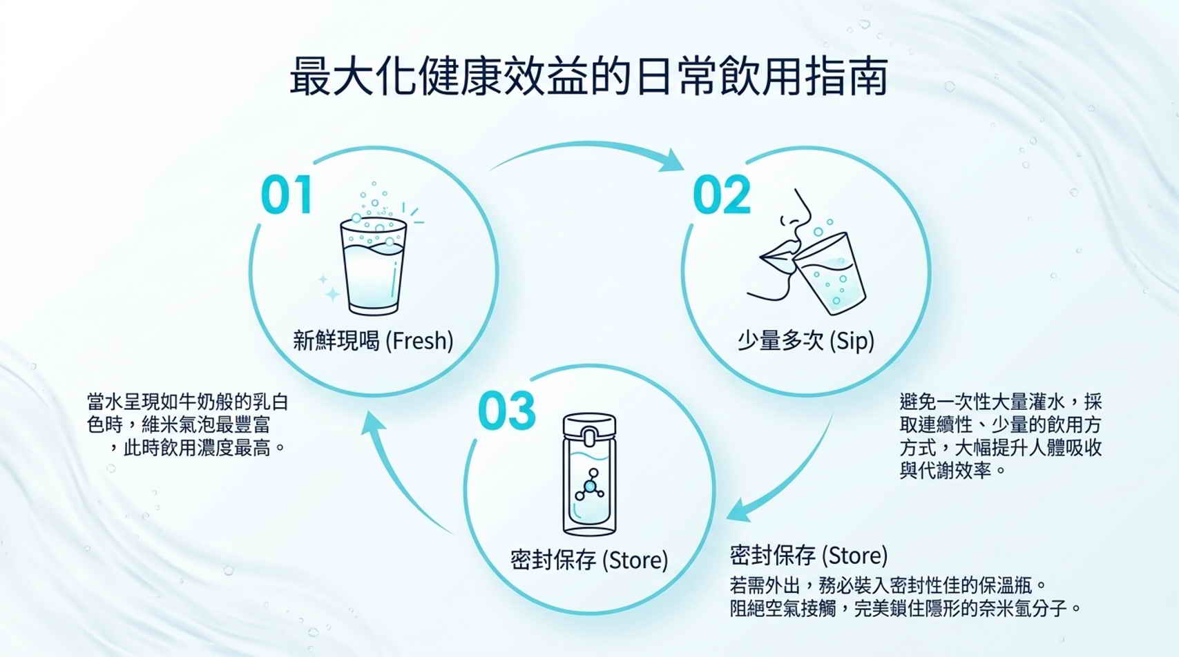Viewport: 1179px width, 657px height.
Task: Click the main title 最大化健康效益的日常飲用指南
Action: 589,77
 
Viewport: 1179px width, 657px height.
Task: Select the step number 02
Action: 722,195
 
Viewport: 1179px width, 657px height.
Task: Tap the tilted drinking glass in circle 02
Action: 829,273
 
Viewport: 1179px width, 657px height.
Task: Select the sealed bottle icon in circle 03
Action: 590,474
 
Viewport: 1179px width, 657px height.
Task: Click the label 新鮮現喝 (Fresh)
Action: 373,341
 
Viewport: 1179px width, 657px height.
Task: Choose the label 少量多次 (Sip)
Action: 806,341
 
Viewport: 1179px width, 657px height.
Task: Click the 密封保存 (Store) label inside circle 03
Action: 589,560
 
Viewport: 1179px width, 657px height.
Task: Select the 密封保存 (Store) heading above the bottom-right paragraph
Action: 809,556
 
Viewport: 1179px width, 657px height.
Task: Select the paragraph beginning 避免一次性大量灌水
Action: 1000,436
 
